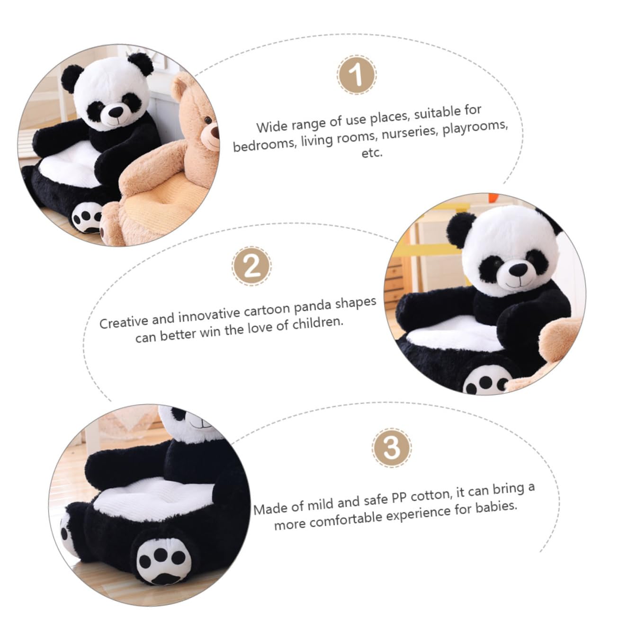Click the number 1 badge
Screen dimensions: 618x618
pyautogui.click(x=357, y=75)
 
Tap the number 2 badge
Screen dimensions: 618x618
pyautogui.click(x=251, y=266)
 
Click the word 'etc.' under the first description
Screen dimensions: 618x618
pyautogui.click(x=371, y=153)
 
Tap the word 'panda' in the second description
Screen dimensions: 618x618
pyautogui.click(x=313, y=308)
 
